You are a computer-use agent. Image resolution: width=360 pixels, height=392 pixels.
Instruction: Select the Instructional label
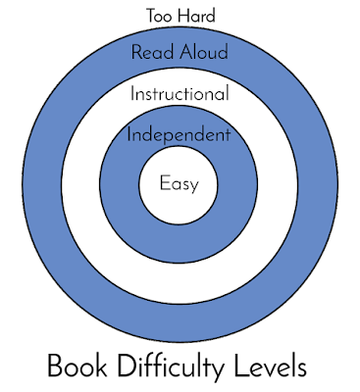[x=180, y=95]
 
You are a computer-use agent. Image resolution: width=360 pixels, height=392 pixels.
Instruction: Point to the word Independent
[x=179, y=134]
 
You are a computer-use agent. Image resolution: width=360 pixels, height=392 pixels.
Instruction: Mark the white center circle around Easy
[x=179, y=206]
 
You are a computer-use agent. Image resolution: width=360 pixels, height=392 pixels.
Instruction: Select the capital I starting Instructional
[x=132, y=95]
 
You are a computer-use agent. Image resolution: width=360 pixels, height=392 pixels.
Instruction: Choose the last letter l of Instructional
[x=227, y=95]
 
